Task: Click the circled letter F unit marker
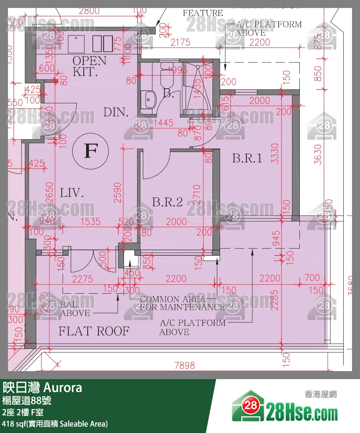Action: [91, 151]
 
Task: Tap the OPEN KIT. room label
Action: [90, 66]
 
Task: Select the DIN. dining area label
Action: [116, 112]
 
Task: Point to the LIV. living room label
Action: [72, 194]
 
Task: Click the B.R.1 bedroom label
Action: [247, 158]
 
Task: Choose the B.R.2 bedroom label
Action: [167, 202]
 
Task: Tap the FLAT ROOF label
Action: [94, 331]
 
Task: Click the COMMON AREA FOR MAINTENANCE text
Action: [182, 303]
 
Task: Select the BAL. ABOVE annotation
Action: [75, 309]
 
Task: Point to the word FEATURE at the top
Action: [203, 13]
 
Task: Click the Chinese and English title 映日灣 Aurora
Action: [42, 387]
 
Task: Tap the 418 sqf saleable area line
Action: [55, 423]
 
